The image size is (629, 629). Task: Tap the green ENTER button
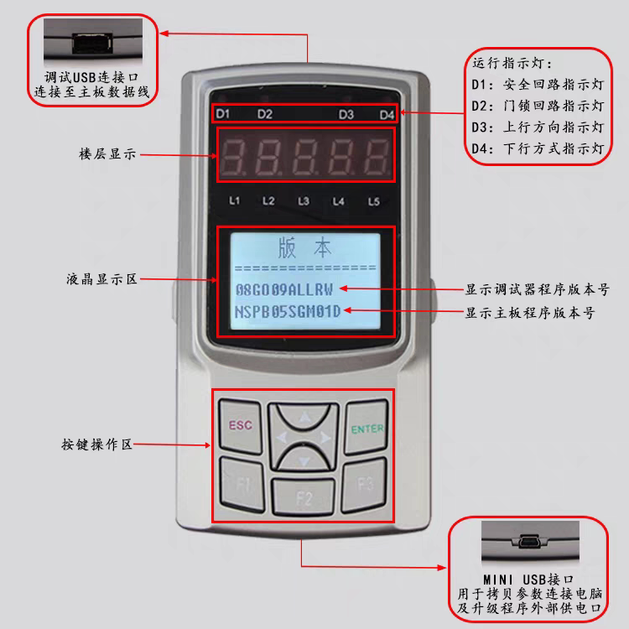click(x=366, y=427)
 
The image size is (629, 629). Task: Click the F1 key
click(x=242, y=485)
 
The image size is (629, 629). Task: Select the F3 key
click(x=364, y=485)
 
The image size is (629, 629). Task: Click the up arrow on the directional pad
click(x=305, y=418)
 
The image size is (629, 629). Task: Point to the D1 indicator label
click(x=222, y=114)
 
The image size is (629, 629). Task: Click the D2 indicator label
click(x=265, y=114)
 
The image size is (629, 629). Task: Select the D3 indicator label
click(x=346, y=115)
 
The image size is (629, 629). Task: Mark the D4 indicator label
click(x=387, y=115)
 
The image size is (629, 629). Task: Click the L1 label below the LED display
click(x=234, y=200)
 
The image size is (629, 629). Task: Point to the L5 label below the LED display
click(x=374, y=201)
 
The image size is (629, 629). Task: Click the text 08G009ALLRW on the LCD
click(x=284, y=289)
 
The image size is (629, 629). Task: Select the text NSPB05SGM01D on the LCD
click(x=288, y=312)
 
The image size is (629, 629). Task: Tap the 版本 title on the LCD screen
click(x=305, y=247)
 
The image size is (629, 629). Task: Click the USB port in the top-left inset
click(x=92, y=44)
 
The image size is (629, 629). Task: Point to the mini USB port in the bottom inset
click(x=529, y=542)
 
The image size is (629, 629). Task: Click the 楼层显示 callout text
click(x=107, y=154)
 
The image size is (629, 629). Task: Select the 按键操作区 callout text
click(x=96, y=444)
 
